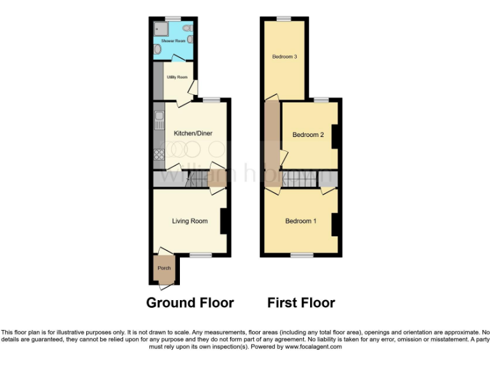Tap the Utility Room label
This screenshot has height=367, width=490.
click(177, 77)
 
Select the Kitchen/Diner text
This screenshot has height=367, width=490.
click(193, 133)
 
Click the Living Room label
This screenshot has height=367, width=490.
click(189, 221)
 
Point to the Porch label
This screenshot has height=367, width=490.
click(164, 268)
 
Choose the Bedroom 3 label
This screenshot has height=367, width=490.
click(285, 57)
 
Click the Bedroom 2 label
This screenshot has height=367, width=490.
click(308, 134)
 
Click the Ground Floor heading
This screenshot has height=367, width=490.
click(190, 303)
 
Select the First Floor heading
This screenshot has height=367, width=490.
click(301, 303)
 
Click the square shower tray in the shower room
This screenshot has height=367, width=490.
click(160, 28)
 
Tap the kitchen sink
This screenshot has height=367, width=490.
click(158, 121)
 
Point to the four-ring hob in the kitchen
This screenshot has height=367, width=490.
click(158, 153)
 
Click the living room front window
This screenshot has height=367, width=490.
click(201, 255)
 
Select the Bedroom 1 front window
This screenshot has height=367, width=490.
click(302, 255)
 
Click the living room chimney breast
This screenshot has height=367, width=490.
click(224, 220)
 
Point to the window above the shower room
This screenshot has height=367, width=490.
click(172, 18)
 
